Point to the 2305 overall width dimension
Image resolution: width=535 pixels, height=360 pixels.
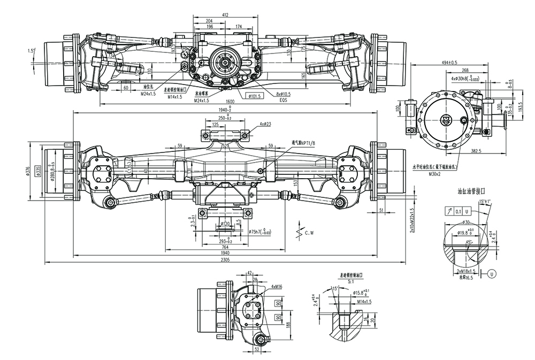tap(226, 259)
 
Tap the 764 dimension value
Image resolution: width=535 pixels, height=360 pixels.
tap(226, 247)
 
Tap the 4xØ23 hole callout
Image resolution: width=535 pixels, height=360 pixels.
tap(265, 124)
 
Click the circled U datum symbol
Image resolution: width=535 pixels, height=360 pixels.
tap(491, 273)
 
